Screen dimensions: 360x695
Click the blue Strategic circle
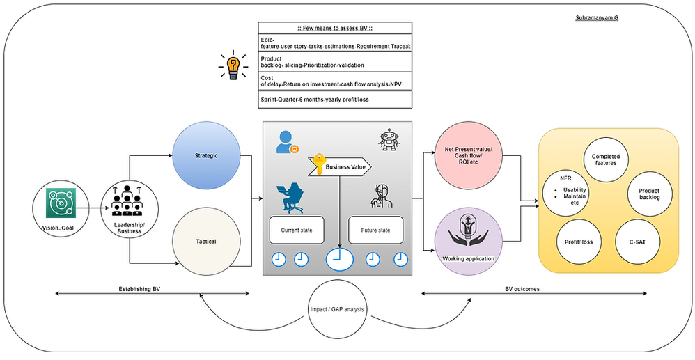[205, 156]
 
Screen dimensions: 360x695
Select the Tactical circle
[205, 242]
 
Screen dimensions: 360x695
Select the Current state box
[297, 229]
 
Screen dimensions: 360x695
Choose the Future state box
[375, 229]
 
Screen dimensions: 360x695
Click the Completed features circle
[605, 160]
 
